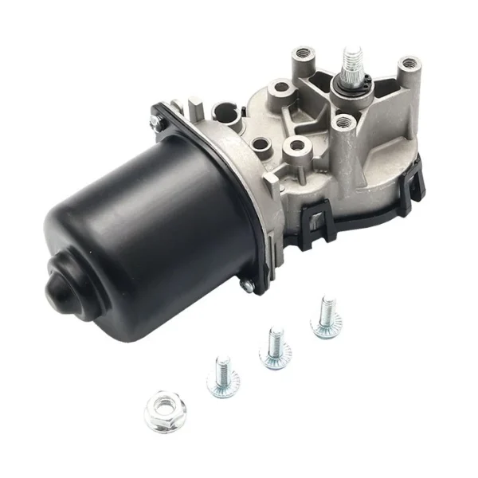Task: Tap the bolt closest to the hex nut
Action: (223, 378)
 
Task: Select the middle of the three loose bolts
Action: (275, 347)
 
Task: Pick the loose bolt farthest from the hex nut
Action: (326, 317)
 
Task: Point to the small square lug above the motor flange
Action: (194, 104)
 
